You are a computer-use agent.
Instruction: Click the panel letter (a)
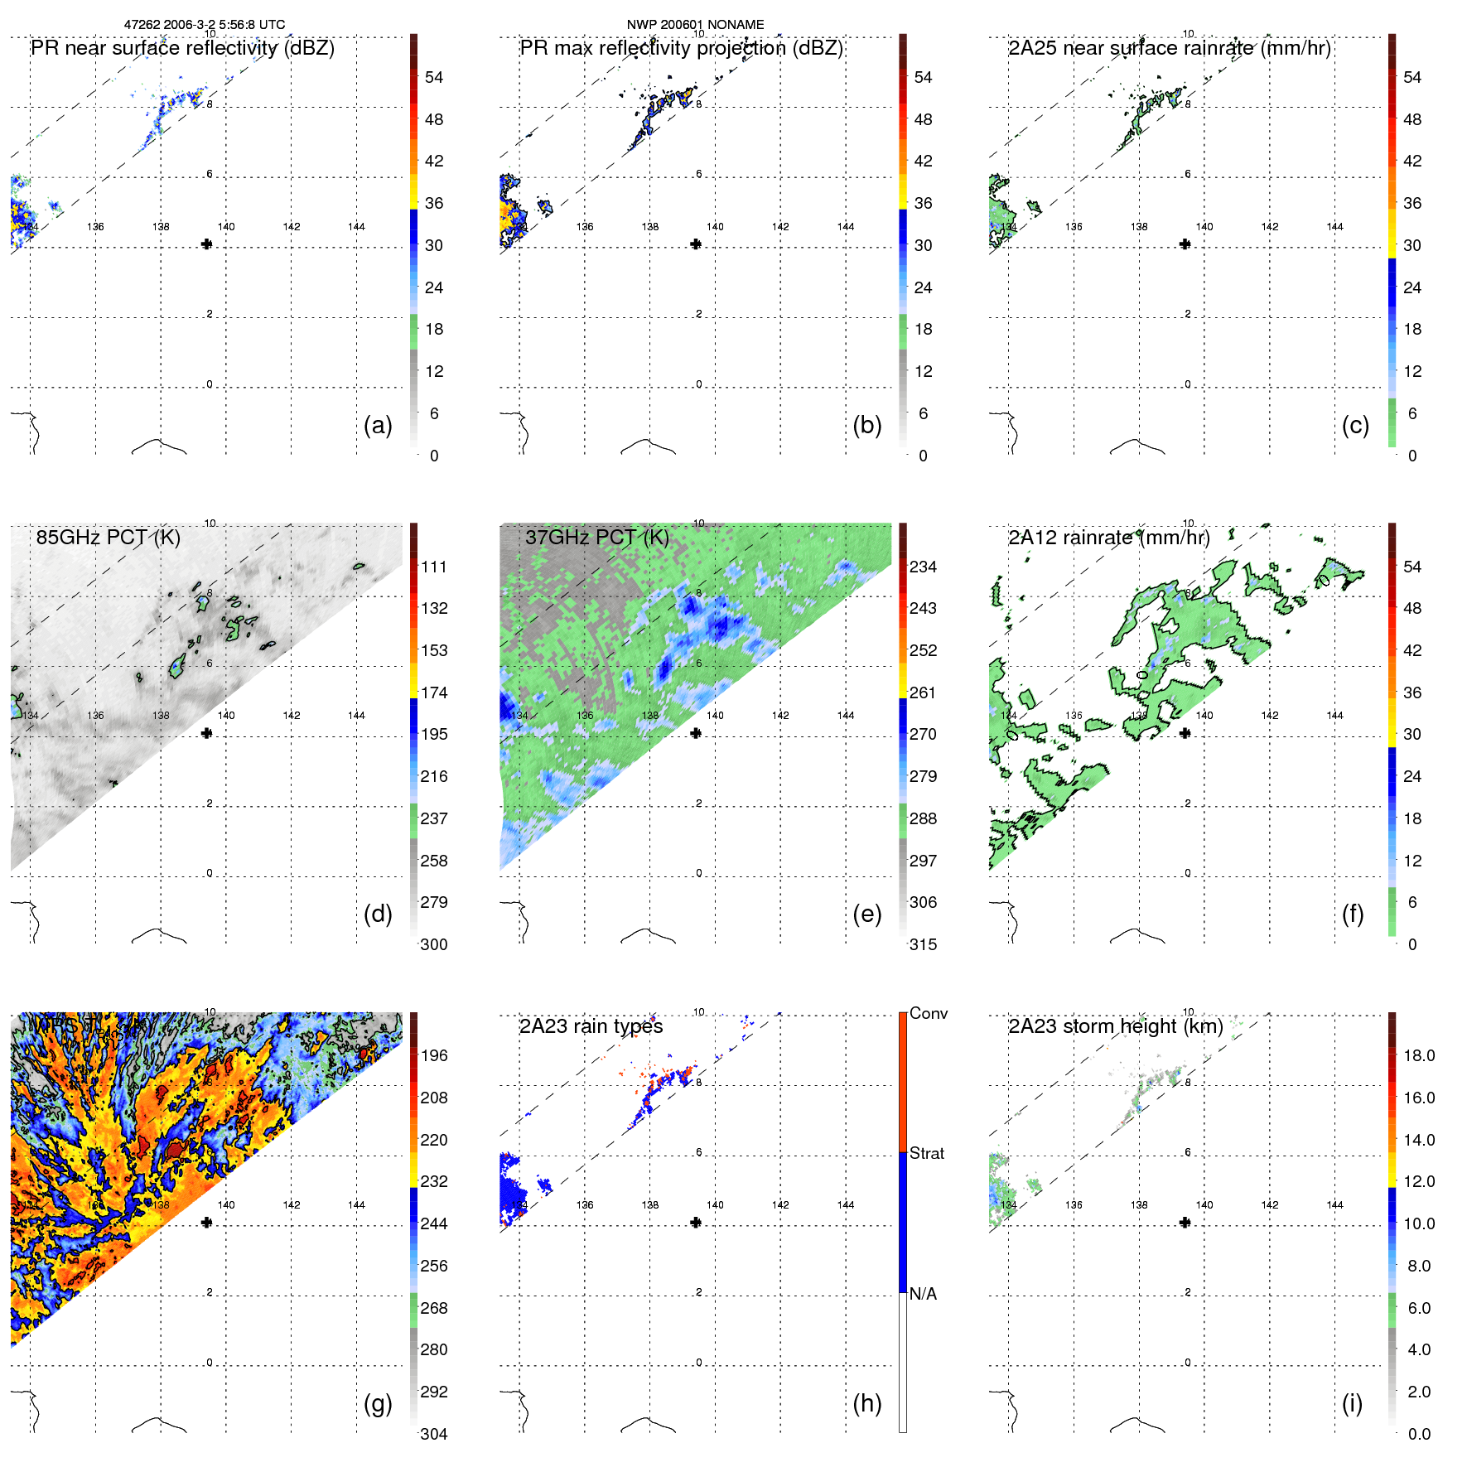(378, 426)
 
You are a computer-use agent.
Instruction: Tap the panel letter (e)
(866, 914)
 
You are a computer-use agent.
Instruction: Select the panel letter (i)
(1352, 1404)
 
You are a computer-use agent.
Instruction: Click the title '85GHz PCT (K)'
(108, 538)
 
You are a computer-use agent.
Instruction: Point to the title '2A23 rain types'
(591, 1026)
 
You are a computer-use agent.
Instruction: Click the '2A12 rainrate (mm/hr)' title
(1108, 538)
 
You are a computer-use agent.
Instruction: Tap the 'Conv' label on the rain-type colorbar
(928, 1013)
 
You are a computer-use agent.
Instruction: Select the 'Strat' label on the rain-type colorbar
(926, 1153)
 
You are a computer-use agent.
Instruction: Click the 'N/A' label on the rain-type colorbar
(923, 1294)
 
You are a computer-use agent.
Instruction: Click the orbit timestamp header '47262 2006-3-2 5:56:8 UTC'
(204, 25)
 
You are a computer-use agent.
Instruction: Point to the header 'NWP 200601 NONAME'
(695, 25)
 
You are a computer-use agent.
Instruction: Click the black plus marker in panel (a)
(206, 244)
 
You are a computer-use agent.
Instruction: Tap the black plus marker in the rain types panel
(696, 1222)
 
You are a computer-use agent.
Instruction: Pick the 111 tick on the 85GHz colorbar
(434, 567)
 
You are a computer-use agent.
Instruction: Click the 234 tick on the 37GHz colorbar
(923, 567)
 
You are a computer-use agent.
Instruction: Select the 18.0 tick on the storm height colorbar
(1418, 1056)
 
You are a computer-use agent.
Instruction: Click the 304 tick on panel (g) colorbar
(433, 1434)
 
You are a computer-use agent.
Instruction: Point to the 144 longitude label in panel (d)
(356, 715)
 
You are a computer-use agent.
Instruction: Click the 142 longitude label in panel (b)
(780, 226)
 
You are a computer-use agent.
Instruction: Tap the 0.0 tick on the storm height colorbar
(1418, 1434)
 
